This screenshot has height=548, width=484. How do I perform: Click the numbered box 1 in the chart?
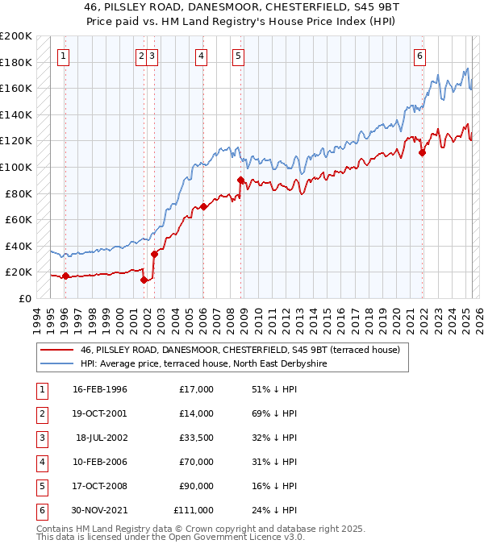tap(63, 56)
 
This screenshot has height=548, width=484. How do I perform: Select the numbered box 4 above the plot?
tap(201, 56)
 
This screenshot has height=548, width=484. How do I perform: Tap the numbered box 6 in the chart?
tap(420, 56)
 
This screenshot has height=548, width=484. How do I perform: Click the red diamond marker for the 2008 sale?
tap(240, 181)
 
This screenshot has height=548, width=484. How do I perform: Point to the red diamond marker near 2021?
tap(422, 152)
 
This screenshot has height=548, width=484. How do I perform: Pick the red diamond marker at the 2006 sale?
tap(203, 206)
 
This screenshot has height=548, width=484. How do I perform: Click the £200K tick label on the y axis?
tap(15, 36)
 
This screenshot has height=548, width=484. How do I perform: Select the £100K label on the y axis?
tap(15, 167)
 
